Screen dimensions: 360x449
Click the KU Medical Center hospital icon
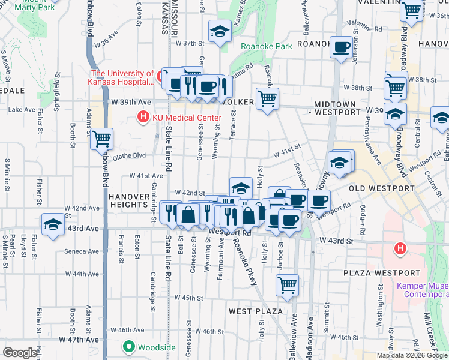point(143,117)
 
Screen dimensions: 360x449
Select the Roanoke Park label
point(266,46)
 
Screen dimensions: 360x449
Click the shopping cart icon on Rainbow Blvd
point(101,139)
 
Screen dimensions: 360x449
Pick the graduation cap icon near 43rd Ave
point(53,224)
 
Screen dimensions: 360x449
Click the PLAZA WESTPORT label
point(378,273)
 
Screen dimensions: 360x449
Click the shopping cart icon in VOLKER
point(267,98)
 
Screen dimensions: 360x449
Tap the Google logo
point(20,353)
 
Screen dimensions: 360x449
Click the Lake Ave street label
point(22,109)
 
